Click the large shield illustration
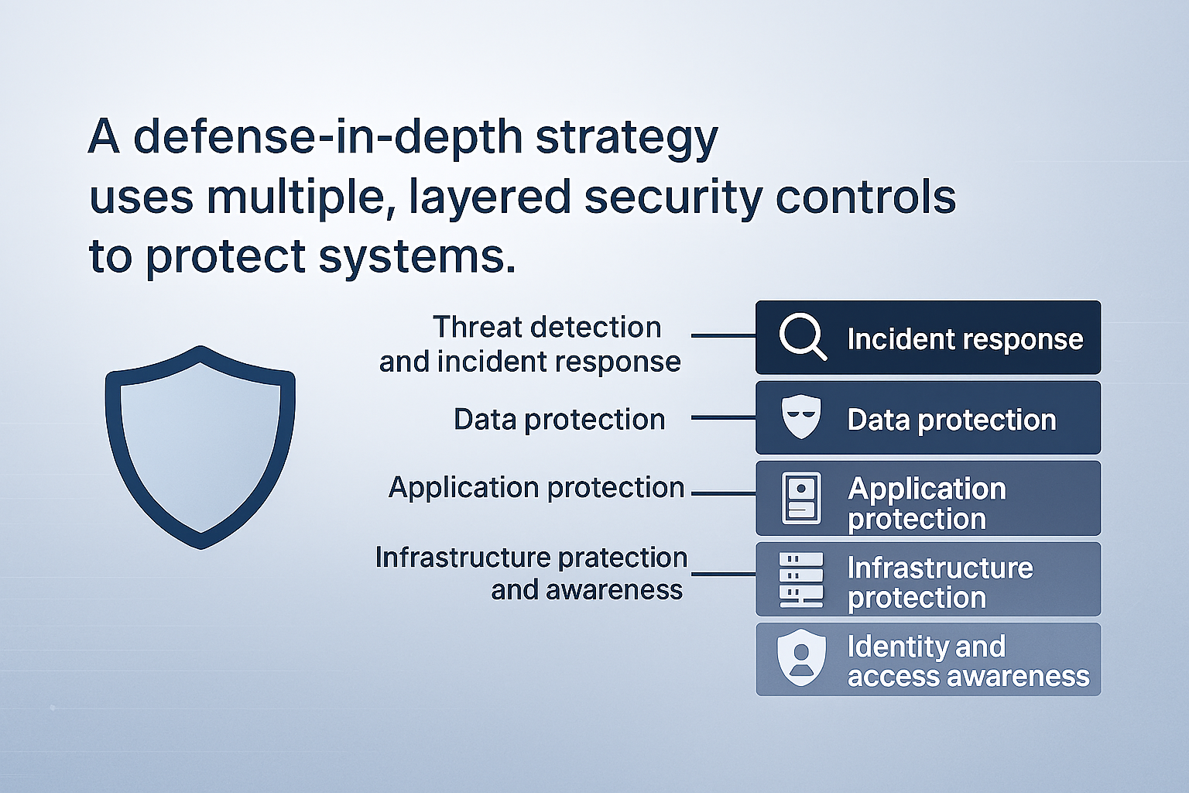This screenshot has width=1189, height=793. click(200, 448)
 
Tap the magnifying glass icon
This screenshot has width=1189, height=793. click(803, 337)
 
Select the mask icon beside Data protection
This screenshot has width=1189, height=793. click(801, 417)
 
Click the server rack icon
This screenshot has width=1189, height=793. click(801, 579)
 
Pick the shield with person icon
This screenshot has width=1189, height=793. click(801, 657)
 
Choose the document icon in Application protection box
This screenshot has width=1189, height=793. click(801, 498)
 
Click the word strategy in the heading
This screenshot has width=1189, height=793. click(627, 139)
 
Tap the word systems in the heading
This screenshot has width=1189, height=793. click(417, 256)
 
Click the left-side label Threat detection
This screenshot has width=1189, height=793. click(547, 327)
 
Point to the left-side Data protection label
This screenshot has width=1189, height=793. click(560, 420)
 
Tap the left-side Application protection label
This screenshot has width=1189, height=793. click(536, 488)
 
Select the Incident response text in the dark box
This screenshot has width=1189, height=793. click(965, 339)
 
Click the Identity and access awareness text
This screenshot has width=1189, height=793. click(968, 661)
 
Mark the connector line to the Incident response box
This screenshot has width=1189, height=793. click(724, 335)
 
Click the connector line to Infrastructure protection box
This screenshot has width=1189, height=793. click(724, 574)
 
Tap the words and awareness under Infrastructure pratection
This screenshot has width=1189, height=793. click(587, 590)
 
